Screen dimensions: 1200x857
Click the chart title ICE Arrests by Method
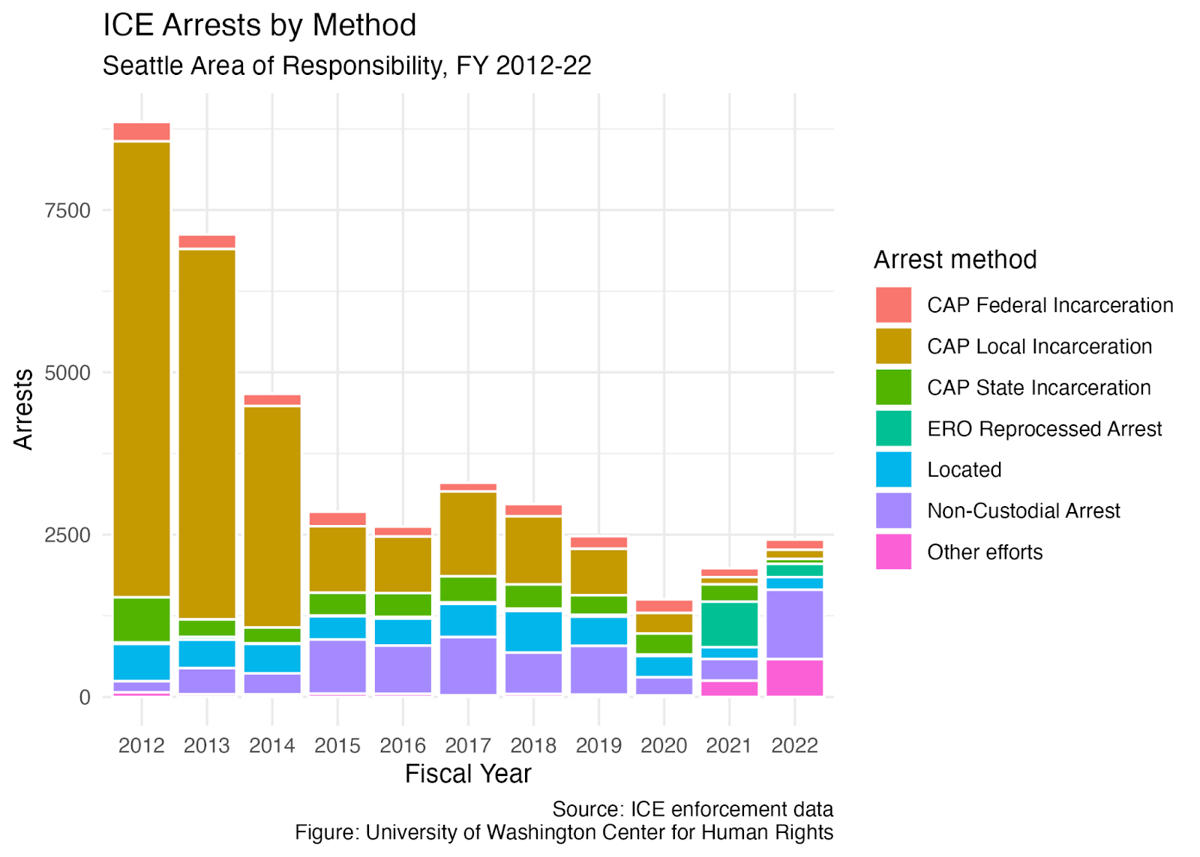coord(259,25)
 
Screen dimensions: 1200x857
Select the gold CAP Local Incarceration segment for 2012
coord(142,369)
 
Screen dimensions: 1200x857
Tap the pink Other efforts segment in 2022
coord(795,678)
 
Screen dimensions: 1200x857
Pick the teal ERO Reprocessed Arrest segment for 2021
coord(730,624)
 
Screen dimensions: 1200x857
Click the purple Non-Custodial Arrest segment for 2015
coord(337,667)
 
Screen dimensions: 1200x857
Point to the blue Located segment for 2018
coord(533,631)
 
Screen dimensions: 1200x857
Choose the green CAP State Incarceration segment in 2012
coord(142,620)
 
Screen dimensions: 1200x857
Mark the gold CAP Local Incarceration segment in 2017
coord(468,534)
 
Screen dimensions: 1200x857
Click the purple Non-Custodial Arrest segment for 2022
coord(795,625)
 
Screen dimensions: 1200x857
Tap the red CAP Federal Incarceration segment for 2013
coord(207,241)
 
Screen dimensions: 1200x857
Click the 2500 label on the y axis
coord(67,535)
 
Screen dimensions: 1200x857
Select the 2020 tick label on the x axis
coord(664,745)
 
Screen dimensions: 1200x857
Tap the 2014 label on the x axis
coord(272,745)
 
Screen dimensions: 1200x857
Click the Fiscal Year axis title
coord(468,774)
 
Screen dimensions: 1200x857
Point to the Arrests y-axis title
coord(23,409)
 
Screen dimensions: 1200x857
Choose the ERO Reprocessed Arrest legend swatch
coord(893,429)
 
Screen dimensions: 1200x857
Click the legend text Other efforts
coord(985,553)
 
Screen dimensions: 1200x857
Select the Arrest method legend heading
coord(955,259)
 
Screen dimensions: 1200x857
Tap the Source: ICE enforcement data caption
coord(693,809)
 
